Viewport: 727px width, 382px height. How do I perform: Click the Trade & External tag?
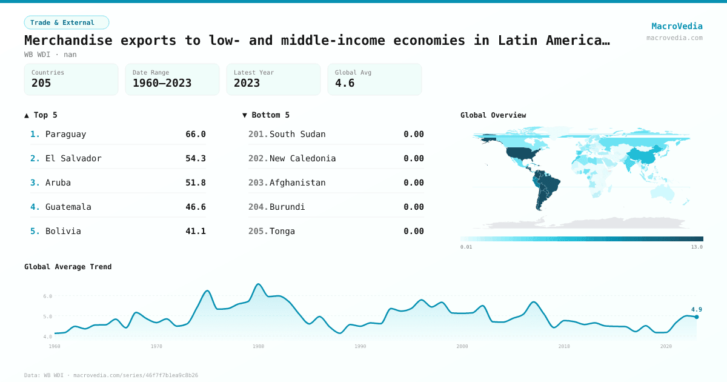67,22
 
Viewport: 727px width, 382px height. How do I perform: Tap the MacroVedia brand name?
677,26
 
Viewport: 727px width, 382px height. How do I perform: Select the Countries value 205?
41,83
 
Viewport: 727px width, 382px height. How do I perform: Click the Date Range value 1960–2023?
162,83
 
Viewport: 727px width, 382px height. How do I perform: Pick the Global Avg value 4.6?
345,83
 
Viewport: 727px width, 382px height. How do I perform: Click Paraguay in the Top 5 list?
65,134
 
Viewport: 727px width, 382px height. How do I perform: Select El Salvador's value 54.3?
196,158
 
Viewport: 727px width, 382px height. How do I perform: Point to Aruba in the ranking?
58,183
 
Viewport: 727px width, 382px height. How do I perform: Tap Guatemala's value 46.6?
196,207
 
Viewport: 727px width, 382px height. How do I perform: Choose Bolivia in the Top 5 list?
63,231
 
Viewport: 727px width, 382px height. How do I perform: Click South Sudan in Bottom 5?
297,134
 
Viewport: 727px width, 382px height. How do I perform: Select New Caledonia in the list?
302,158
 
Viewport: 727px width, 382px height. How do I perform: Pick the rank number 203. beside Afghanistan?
258,183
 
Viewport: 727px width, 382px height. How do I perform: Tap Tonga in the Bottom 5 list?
282,231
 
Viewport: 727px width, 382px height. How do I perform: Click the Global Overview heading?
493,115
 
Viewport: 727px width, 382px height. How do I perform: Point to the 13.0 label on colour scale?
697,247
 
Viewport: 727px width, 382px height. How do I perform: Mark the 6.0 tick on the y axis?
48,296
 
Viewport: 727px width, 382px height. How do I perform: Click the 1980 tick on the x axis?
259,346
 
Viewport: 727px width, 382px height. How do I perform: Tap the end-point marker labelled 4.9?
697,317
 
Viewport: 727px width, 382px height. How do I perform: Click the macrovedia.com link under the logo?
674,38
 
